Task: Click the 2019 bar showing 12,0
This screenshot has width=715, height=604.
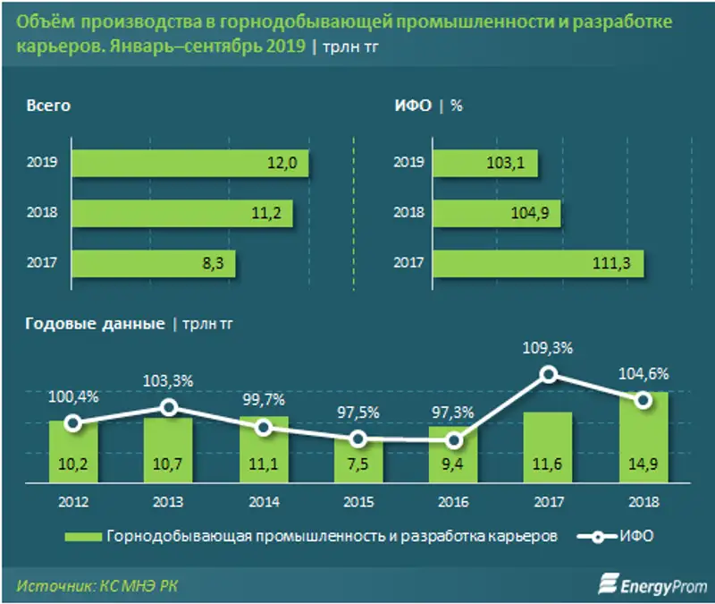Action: coord(190,163)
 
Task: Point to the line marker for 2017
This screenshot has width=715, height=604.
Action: coord(549,374)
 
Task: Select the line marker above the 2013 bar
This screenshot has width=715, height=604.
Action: coord(168,408)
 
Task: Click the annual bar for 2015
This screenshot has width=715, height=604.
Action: coord(358,463)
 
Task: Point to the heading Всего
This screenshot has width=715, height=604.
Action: coord(48,106)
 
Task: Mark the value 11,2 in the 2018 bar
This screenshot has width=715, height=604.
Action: coord(268,213)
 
